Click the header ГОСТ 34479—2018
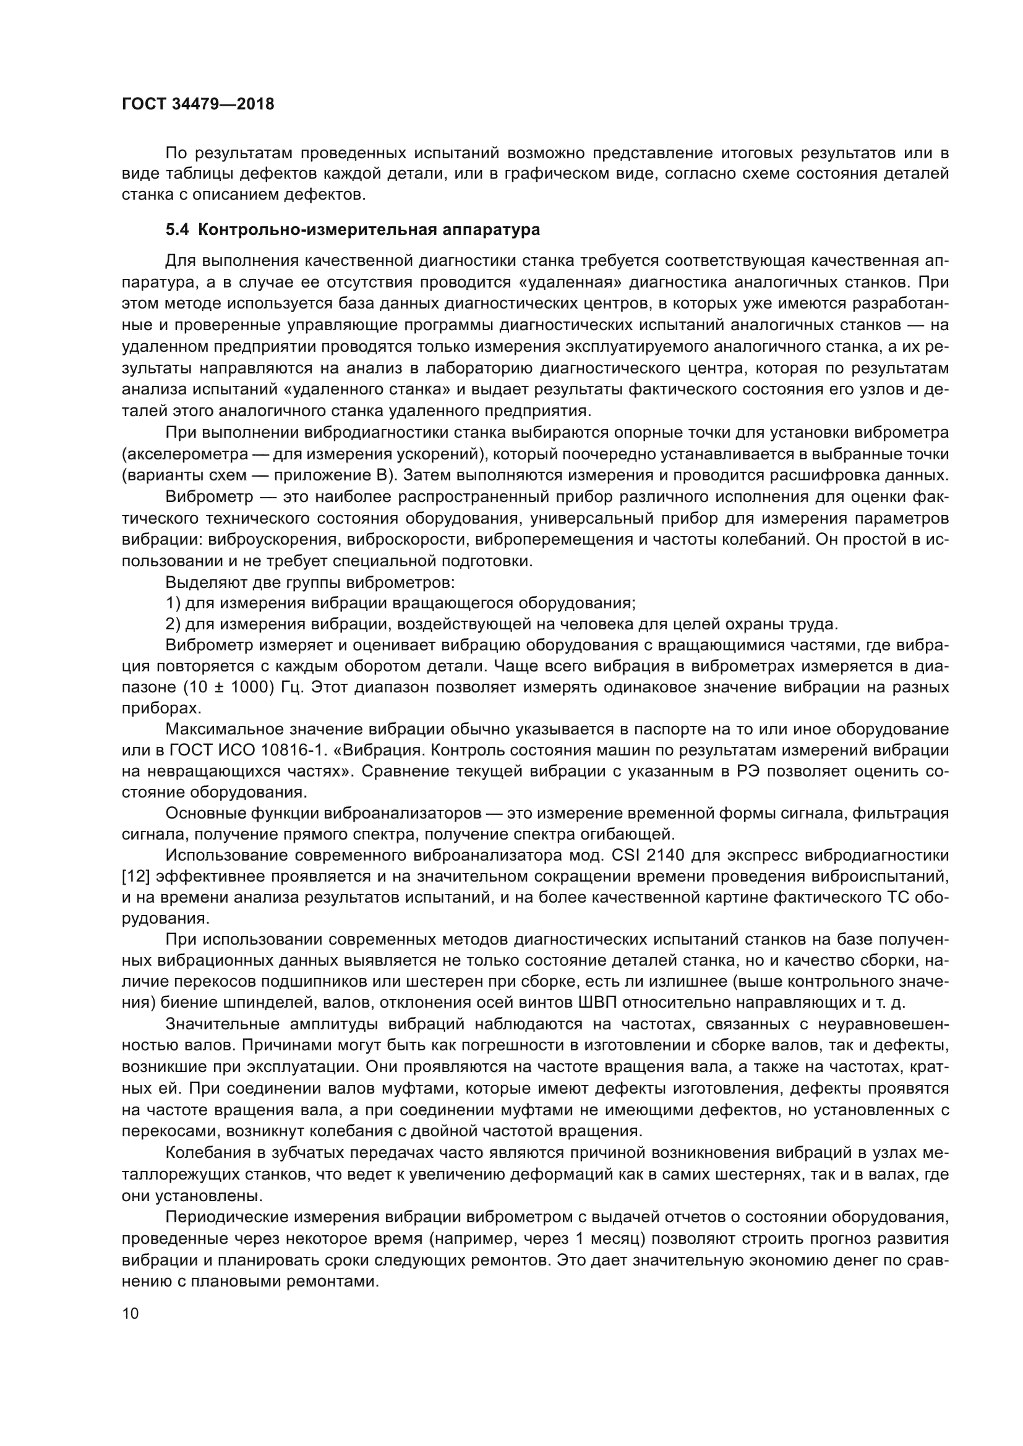[x=198, y=104]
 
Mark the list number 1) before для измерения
[x=173, y=603]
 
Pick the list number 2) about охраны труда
[x=173, y=624]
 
